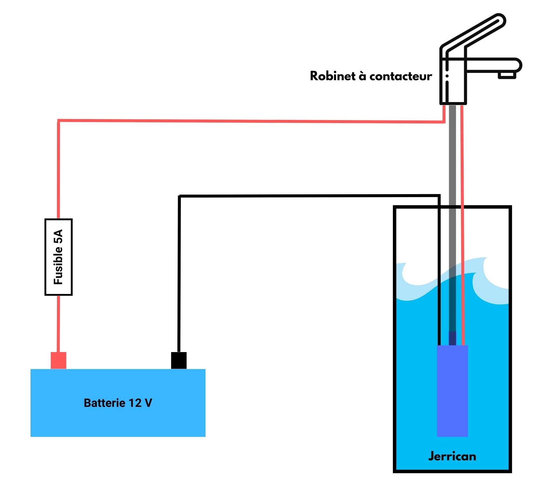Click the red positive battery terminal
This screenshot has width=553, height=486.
[x=58, y=360]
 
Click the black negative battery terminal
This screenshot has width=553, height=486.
[x=178, y=360]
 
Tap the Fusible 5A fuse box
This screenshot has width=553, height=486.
[x=58, y=257]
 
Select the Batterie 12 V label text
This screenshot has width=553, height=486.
[x=118, y=403]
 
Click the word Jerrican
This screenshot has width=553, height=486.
[x=452, y=456]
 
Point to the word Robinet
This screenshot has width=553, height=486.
[x=332, y=76]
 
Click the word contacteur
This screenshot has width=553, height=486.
[x=400, y=77]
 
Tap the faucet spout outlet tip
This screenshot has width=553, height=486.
[x=507, y=75]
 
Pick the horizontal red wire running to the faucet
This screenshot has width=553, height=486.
[x=244, y=121]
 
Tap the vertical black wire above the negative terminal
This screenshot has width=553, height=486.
[x=179, y=271]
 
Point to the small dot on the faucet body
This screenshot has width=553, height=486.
[x=447, y=76]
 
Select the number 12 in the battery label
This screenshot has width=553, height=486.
[x=135, y=403]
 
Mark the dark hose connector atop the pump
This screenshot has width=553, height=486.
[x=452, y=338]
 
